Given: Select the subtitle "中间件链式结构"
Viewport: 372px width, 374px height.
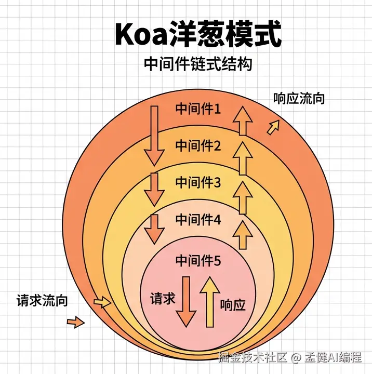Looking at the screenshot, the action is tap(197, 64).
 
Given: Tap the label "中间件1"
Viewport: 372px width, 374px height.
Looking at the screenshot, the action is tap(198, 109).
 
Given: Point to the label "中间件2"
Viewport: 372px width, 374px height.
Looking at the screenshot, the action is tap(198, 146).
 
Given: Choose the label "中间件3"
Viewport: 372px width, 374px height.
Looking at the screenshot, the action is tap(198, 182).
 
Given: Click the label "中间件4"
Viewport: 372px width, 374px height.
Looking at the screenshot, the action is tap(198, 220).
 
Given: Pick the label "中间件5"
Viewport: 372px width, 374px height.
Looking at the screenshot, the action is tap(198, 261).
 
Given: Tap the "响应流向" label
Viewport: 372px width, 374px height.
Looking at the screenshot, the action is tap(299, 98).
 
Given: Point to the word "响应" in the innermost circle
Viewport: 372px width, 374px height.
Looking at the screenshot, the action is tap(232, 305).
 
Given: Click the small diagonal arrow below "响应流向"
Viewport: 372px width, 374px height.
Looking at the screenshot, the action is tap(273, 127).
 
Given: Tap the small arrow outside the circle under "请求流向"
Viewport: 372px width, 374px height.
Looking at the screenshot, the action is tap(76, 323).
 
